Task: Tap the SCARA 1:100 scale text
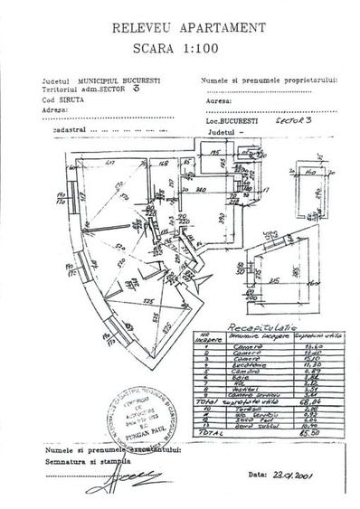tap(180, 49)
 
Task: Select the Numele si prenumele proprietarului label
tap(263, 80)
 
